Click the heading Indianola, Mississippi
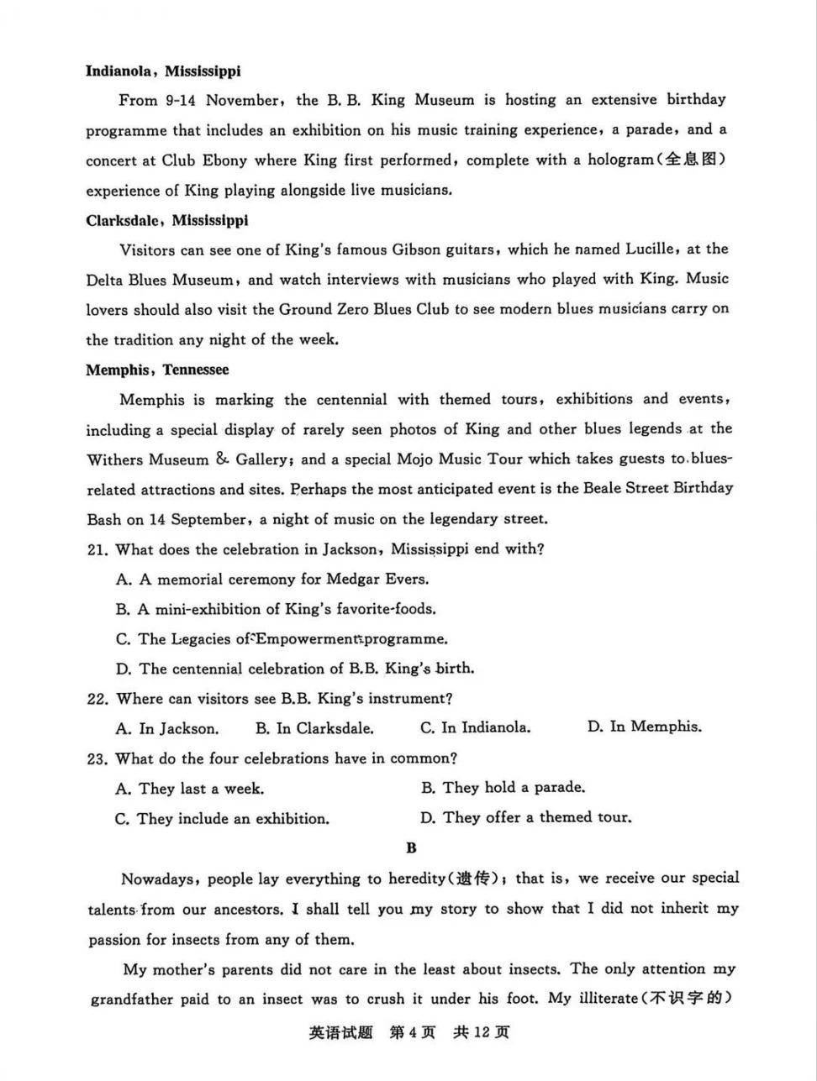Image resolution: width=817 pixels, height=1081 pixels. (163, 71)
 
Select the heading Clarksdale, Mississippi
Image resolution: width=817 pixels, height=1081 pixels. (166, 221)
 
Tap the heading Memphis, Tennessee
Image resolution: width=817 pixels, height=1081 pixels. (157, 370)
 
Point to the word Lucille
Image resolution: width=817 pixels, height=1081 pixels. (649, 249)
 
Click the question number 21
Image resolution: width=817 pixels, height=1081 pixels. (98, 550)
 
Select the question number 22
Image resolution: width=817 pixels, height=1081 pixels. (98, 699)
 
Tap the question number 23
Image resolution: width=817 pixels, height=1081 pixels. (98, 759)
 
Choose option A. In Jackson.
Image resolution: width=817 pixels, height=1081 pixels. (167, 728)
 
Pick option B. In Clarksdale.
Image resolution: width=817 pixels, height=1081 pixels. (314, 728)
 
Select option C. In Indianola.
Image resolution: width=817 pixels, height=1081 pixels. (475, 727)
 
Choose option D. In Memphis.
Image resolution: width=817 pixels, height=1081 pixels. (644, 727)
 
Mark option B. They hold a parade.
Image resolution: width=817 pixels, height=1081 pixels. (503, 788)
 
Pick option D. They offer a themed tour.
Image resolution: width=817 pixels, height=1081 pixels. (525, 817)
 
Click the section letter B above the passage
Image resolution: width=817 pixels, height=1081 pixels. (411, 848)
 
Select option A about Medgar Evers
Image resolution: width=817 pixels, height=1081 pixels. (272, 580)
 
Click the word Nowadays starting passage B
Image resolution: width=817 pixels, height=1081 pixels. (159, 879)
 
